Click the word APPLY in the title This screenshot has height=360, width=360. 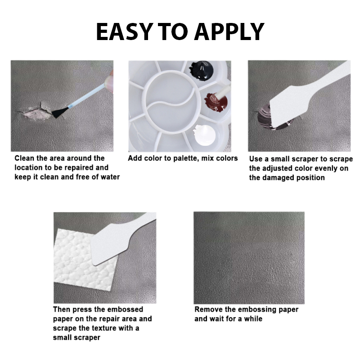(229, 31)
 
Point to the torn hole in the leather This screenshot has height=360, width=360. (37, 111)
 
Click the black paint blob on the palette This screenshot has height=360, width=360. (201, 71)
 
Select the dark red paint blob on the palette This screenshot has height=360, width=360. (216, 103)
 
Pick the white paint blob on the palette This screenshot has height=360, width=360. (204, 135)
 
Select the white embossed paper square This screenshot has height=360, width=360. (85, 260)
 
